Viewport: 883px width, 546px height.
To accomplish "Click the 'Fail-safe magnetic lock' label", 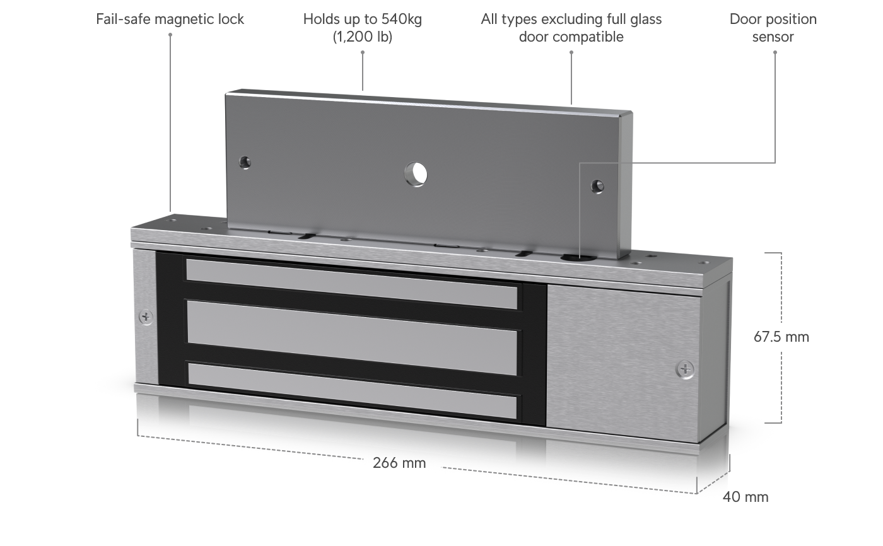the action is click(x=170, y=19).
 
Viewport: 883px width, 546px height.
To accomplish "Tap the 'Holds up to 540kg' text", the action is click(x=362, y=19).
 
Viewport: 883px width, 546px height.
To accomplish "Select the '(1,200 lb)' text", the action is click(x=362, y=37).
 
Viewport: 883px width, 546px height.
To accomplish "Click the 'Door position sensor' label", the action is click(x=773, y=28).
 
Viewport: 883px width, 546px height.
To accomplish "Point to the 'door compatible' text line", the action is click(x=571, y=37).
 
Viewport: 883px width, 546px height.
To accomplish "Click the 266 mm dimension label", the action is click(x=399, y=463).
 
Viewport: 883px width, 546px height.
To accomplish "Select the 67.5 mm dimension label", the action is click(x=781, y=337).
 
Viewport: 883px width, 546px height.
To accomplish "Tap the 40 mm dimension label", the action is click(x=746, y=497).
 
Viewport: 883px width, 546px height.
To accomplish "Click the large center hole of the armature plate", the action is click(x=416, y=174).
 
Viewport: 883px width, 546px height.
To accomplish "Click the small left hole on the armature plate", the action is click(x=245, y=162).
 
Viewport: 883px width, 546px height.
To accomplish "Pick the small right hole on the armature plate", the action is click(x=597, y=186).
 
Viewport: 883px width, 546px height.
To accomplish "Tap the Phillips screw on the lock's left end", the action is click(x=146, y=317).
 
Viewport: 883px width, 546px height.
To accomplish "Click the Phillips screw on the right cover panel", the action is click(x=685, y=369).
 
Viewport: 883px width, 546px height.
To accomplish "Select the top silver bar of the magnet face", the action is click(x=352, y=284).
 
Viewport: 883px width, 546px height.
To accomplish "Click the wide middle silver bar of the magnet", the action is click(x=352, y=337).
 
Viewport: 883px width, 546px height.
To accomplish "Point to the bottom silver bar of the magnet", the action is click(x=353, y=391).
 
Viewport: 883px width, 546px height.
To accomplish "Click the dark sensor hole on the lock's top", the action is click(x=578, y=258).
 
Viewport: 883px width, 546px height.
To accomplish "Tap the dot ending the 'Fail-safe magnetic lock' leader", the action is click(x=170, y=35).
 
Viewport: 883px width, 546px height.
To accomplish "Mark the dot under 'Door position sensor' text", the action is click(x=775, y=52).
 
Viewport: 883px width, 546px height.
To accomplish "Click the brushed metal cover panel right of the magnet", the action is click(x=623, y=363).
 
